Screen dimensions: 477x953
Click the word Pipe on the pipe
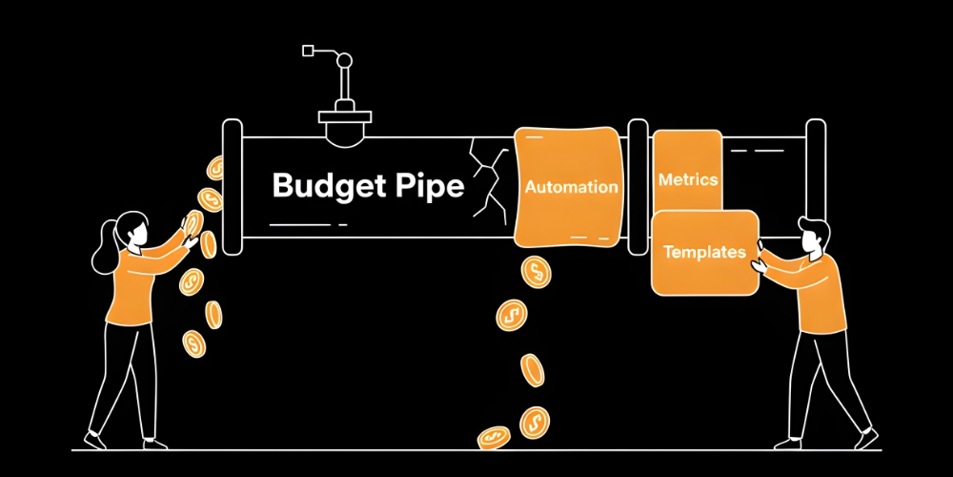pyautogui.click(x=428, y=185)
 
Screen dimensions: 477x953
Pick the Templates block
pyautogui.click(x=704, y=253)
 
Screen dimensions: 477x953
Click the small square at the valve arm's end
pyautogui.click(x=308, y=50)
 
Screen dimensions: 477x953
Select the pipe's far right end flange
pyautogui.click(x=816, y=186)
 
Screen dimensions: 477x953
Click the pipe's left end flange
pyautogui.click(x=232, y=186)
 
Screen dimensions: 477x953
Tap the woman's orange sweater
pyautogui.click(x=133, y=286)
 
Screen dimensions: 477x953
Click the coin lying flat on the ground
pyautogui.click(x=494, y=437)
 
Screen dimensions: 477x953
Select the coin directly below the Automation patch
pyautogui.click(x=536, y=272)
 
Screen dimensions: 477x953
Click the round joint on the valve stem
pyautogui.click(x=343, y=61)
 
